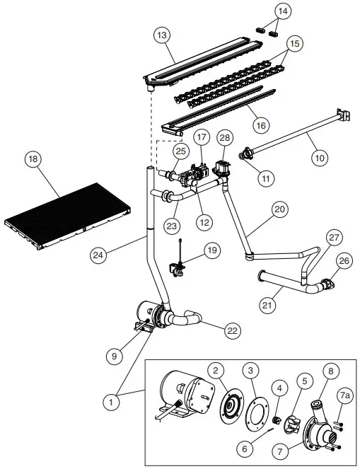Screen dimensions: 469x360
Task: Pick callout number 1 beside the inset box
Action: tap(110, 401)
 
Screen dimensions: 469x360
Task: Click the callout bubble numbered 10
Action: tap(320, 158)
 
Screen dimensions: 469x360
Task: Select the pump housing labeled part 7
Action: tap(319, 428)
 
